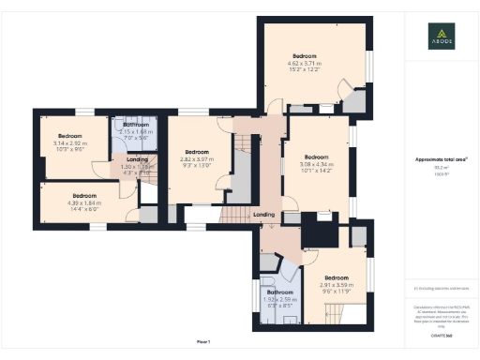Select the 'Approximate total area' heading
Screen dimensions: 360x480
click(441, 160)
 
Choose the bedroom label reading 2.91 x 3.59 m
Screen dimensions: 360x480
click(336, 284)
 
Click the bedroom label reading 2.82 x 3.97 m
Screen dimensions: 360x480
click(196, 158)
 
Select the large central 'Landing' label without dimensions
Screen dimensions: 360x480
click(264, 216)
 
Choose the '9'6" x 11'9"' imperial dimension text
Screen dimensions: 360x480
click(336, 291)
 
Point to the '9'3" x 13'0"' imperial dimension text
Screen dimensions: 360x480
click(196, 165)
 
